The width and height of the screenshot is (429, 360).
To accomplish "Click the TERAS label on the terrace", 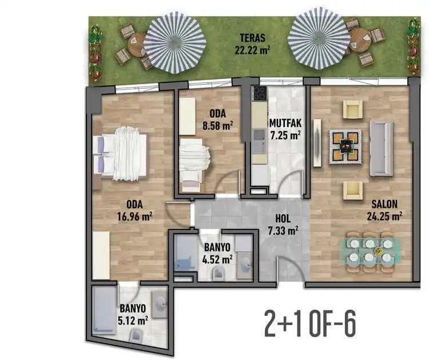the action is coord(252,38).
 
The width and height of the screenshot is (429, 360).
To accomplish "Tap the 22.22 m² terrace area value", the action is coord(252,50).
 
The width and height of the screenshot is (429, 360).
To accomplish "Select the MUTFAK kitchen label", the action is coord(285,123).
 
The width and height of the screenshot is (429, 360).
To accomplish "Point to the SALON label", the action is coord(384,204).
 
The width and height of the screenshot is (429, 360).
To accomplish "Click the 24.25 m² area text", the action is coord(384,216).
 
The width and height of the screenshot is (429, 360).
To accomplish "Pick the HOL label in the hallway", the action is coord(283,219).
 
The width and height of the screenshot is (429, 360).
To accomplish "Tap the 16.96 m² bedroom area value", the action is coord(134,216).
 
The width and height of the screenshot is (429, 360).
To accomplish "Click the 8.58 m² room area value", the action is coord(218,126).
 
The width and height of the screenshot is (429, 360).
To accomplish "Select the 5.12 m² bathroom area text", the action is coord(133,321).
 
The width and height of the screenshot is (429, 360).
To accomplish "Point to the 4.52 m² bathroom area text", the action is coord(217,259).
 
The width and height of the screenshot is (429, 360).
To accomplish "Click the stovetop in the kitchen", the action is coord(260,93).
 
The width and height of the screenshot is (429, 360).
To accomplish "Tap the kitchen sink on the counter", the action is coord(259,141).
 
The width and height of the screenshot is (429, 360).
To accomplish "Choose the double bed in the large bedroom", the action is coord(120,153).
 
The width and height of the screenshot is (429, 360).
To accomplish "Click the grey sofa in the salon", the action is coord(382,148).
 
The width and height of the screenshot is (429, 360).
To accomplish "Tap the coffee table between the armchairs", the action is coord(345,147).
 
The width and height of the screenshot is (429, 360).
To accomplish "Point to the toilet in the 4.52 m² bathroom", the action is coord(218,274).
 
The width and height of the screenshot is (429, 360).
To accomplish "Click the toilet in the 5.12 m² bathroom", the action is coord(135,335).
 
